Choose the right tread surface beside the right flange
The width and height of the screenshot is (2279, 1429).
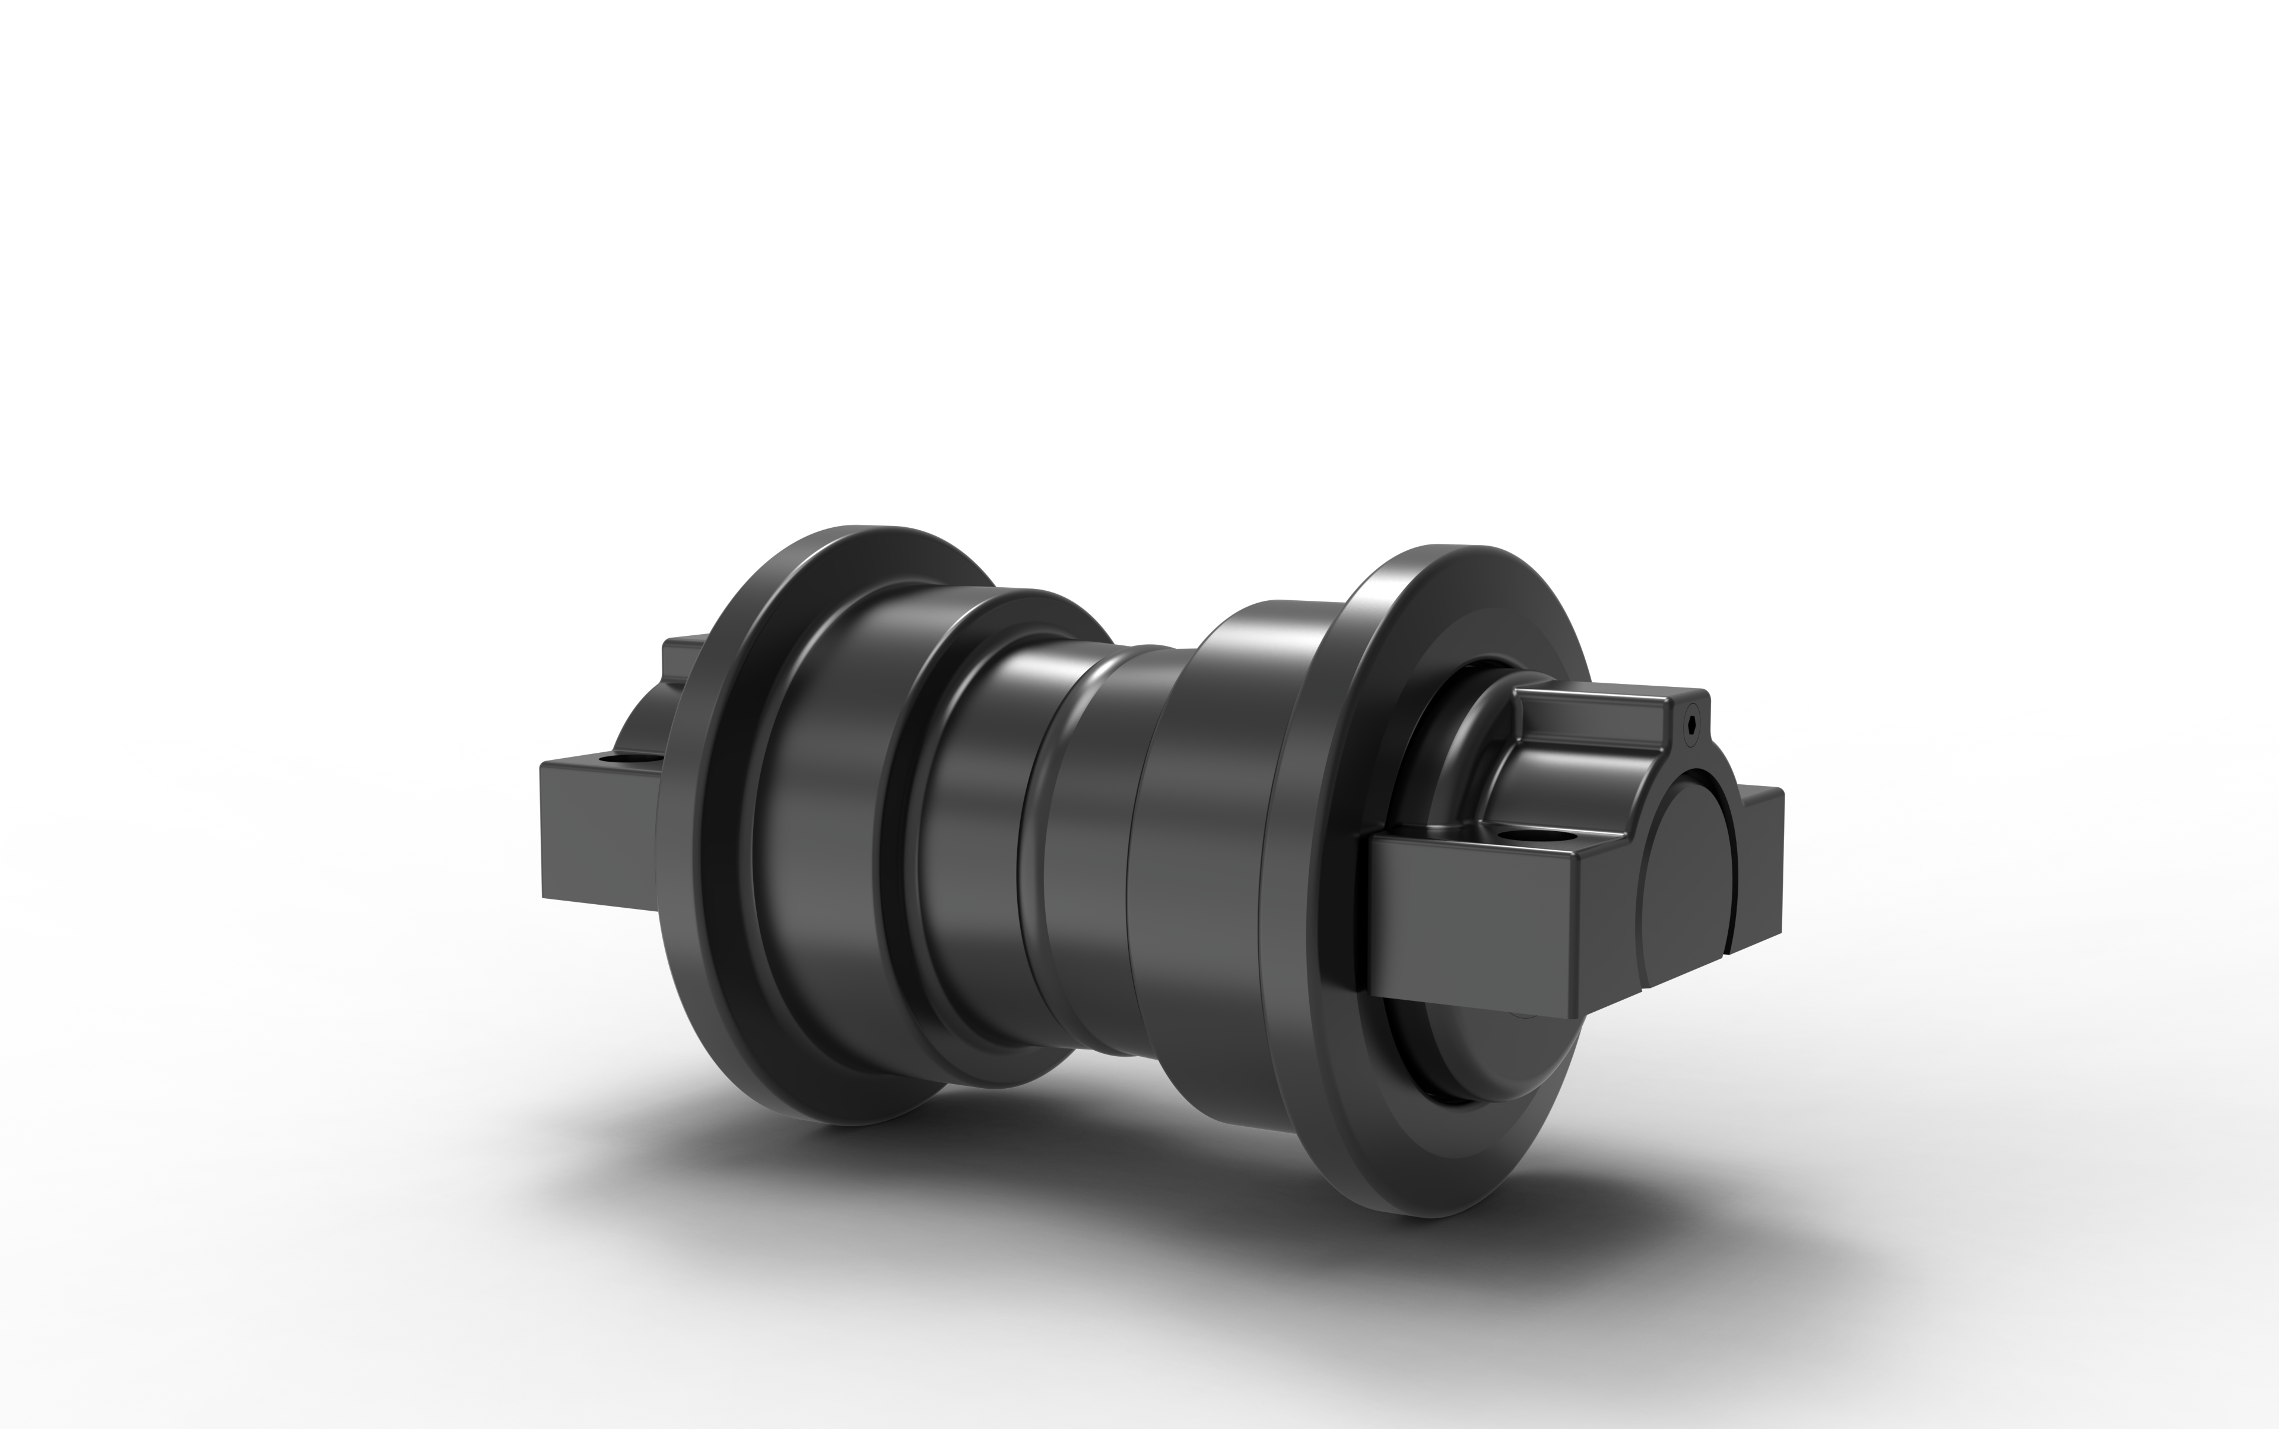click(1200, 851)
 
